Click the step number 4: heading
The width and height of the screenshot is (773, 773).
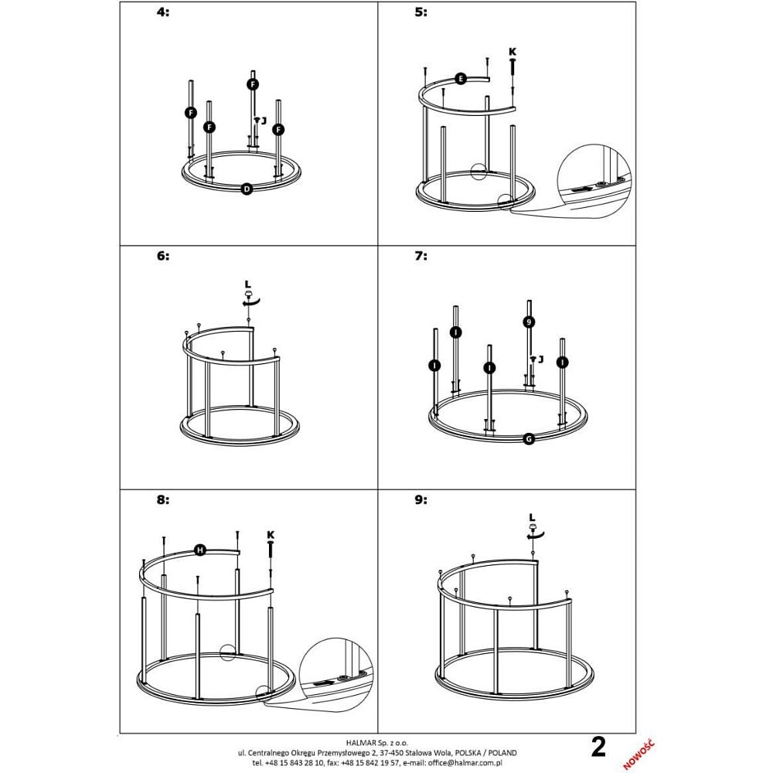pos(162,12)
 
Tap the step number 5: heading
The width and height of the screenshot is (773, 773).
pos(421,12)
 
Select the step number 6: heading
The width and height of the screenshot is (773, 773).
pos(162,256)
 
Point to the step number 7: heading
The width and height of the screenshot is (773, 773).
pos(421,256)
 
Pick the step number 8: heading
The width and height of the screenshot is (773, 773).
pos(162,500)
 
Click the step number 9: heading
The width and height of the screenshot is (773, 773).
pos(421,500)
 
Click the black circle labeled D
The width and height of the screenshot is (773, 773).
pos(247,189)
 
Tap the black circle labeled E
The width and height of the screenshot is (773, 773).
pos(461,79)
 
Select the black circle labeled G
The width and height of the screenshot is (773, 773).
pos(529,439)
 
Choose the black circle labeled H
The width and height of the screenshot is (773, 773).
pos(200,550)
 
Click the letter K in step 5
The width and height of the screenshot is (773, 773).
pos(512,51)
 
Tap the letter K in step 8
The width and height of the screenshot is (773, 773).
pos(271,535)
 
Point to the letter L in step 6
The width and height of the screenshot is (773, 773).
pos(248,284)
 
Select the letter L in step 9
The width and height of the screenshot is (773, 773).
pos(532,517)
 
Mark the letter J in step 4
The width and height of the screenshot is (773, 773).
pos(264,121)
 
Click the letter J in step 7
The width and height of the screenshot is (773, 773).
pos(541,359)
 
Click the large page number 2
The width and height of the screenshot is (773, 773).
pos(598,747)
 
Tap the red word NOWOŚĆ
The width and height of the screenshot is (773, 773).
pos(638,754)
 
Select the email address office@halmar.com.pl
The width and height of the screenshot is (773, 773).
pos(465,763)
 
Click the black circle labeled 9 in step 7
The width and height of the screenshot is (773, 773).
pos(529,322)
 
